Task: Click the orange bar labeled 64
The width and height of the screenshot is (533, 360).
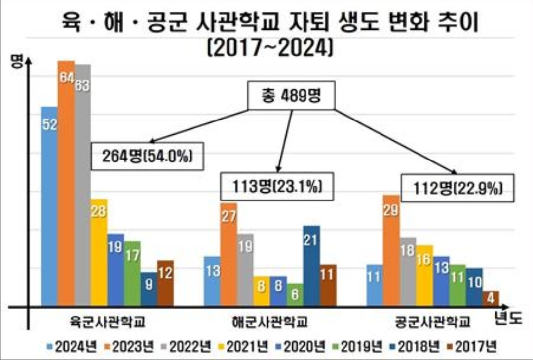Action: pyautogui.click(x=66, y=183)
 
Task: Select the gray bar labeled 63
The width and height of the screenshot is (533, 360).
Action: pyautogui.click(x=82, y=185)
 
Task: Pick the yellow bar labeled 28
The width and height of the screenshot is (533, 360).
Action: pyautogui.click(x=99, y=252)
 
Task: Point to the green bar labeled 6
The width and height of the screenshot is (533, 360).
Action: pyautogui.click(x=295, y=294)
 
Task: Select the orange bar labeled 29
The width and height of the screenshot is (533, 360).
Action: pyautogui.click(x=391, y=250)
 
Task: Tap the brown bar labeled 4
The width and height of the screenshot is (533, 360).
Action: pyautogui.click(x=491, y=298)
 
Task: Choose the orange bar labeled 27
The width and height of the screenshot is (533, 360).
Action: pyautogui.click(x=228, y=254)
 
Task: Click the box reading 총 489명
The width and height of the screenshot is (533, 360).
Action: pyautogui.click(x=291, y=97)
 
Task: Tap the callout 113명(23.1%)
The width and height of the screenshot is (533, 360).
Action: pyautogui.click(x=274, y=186)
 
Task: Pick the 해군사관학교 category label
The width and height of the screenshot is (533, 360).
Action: pyautogui.click(x=270, y=322)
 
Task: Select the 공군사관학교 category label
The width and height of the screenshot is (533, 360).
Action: pyautogui.click(x=433, y=322)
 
